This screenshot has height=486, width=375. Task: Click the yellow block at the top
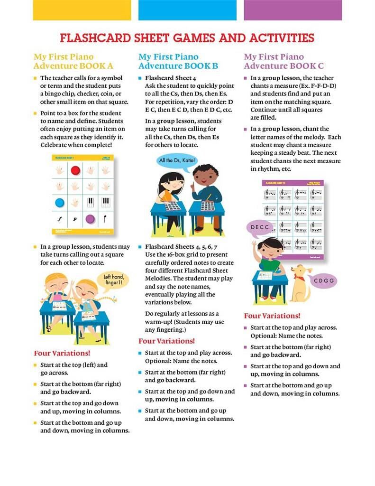pos(82,10)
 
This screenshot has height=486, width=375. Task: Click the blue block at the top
pos(187,10)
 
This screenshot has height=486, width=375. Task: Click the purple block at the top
pos(293,10)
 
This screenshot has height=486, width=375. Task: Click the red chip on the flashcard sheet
pos(75,171)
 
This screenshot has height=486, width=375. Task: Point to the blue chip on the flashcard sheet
pos(60,203)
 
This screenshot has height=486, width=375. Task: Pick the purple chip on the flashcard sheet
pos(90,219)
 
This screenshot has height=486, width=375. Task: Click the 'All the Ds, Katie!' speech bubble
pos(177,160)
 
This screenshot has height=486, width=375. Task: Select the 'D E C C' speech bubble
pos(260,227)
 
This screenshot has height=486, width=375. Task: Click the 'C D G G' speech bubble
pos(324,280)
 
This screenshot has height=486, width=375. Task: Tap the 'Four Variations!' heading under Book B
pos(166,341)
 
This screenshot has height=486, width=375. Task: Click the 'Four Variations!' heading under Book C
pos(272,316)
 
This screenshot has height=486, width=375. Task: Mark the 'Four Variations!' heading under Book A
pos(62,354)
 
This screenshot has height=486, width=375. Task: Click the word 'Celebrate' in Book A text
pos(55,144)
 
